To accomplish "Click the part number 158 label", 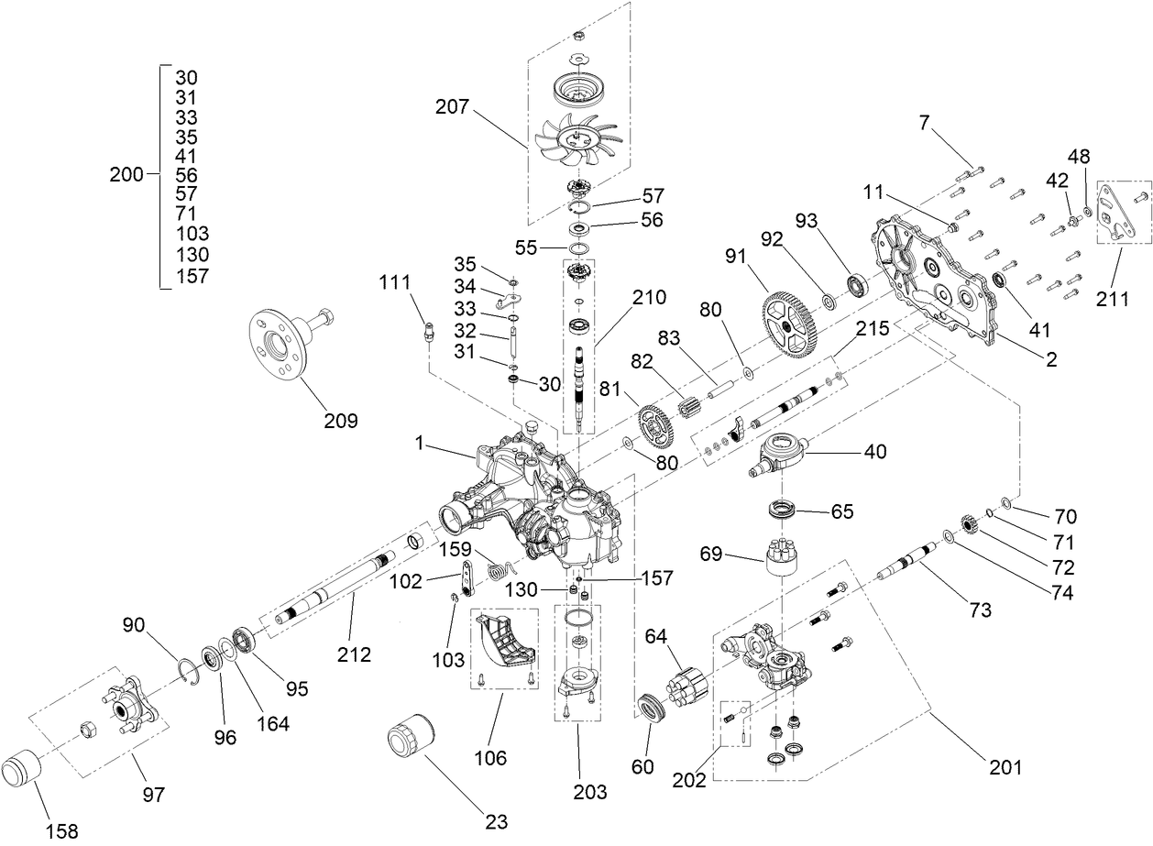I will click(x=60, y=831).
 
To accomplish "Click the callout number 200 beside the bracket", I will click(x=126, y=175).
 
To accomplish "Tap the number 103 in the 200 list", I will click(x=191, y=234).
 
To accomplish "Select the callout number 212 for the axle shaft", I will click(x=354, y=654).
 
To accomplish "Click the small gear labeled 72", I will click(x=971, y=526).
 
